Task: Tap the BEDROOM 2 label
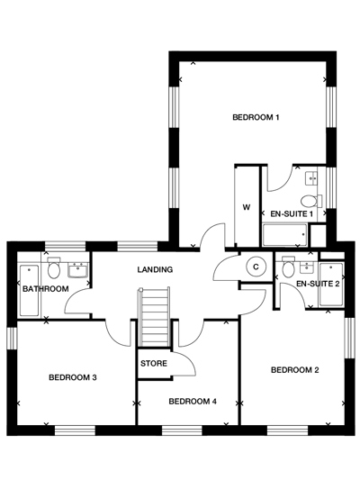295,369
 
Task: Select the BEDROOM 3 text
73,377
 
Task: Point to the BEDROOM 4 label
193,401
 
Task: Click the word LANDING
155,269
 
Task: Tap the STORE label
154,364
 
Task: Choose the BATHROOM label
46,289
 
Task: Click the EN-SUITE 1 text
292,213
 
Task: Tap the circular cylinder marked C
256,267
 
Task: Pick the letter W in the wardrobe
246,206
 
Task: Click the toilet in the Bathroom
55,269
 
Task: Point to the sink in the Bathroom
77,268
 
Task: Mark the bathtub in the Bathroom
27,288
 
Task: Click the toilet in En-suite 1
311,200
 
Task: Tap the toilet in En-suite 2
289,267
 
